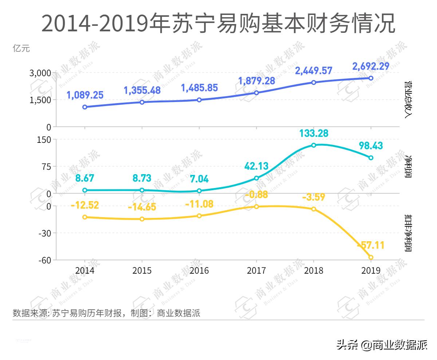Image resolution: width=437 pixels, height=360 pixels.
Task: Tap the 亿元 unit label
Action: pyautogui.click(x=21, y=48)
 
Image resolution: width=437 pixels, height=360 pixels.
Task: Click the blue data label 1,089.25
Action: pyautogui.click(x=85, y=95)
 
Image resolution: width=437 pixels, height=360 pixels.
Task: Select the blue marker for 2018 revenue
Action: pyautogui.click(x=314, y=82)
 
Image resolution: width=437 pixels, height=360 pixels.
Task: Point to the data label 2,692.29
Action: pyautogui.click(x=371, y=66)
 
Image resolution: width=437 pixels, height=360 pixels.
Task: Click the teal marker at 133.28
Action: pyautogui.click(x=314, y=145)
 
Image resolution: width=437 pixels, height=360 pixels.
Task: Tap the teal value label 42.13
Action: pyautogui.click(x=256, y=166)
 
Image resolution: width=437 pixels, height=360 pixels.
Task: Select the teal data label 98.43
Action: pyautogui.click(x=371, y=146)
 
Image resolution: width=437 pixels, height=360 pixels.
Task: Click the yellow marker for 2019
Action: pyautogui.click(x=371, y=257)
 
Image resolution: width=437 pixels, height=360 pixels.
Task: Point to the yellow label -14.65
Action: pyautogui.click(x=142, y=207)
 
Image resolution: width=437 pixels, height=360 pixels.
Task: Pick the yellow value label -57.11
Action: pyautogui.click(x=371, y=245)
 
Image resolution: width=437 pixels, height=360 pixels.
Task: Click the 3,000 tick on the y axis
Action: pyautogui.click(x=40, y=73)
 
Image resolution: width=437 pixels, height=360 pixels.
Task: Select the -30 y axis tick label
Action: pyautogui.click(x=44, y=233)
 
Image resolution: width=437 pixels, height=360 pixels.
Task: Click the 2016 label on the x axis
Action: pyautogui.click(x=199, y=271)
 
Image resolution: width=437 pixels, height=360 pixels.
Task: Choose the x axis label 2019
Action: pyautogui.click(x=371, y=271)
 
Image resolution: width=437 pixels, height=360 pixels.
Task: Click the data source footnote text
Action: pyautogui.click(x=106, y=313)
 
